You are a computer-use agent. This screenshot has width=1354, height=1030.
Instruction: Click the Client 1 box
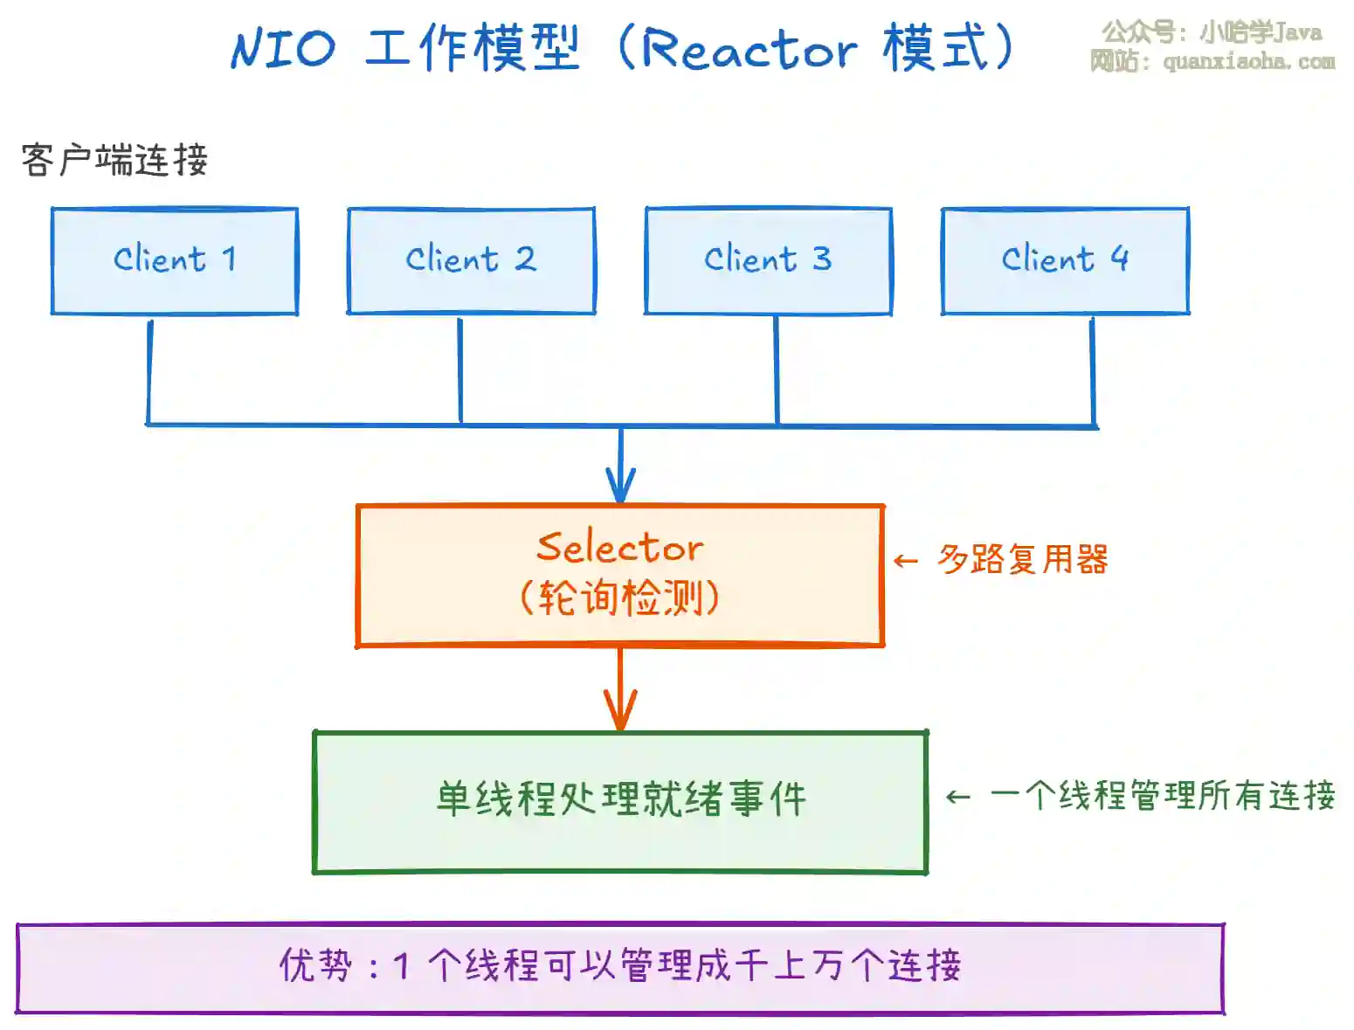click(175, 260)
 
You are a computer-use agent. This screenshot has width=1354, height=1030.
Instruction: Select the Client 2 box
click(471, 260)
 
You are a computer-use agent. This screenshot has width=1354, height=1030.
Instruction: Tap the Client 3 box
click(768, 260)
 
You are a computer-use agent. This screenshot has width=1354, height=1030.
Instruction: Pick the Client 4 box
click(1065, 260)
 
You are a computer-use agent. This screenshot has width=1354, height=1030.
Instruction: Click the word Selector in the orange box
click(619, 548)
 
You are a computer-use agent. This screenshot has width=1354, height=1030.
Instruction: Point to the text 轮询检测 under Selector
click(619, 599)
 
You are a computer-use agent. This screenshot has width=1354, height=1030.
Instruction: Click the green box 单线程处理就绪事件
click(620, 800)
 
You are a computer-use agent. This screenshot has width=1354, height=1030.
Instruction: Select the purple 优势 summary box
click(619, 967)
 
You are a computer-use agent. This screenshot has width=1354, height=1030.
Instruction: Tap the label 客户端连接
click(114, 161)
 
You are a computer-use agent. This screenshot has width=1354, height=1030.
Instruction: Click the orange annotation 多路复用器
click(1022, 560)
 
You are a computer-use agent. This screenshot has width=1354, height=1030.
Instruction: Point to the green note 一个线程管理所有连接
click(1162, 796)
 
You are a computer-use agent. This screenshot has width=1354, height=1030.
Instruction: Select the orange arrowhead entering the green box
click(620, 713)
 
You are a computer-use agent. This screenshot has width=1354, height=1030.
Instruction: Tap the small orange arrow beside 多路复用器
click(906, 561)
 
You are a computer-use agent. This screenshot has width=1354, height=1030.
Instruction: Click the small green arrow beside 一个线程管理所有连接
click(958, 797)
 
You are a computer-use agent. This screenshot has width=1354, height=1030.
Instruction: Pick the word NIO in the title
click(282, 49)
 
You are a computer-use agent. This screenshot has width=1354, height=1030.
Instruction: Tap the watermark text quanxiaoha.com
click(1249, 62)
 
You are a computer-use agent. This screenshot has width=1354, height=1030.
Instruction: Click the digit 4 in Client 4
click(1119, 259)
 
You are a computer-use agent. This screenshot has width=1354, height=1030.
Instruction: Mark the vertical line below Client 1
click(149, 371)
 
